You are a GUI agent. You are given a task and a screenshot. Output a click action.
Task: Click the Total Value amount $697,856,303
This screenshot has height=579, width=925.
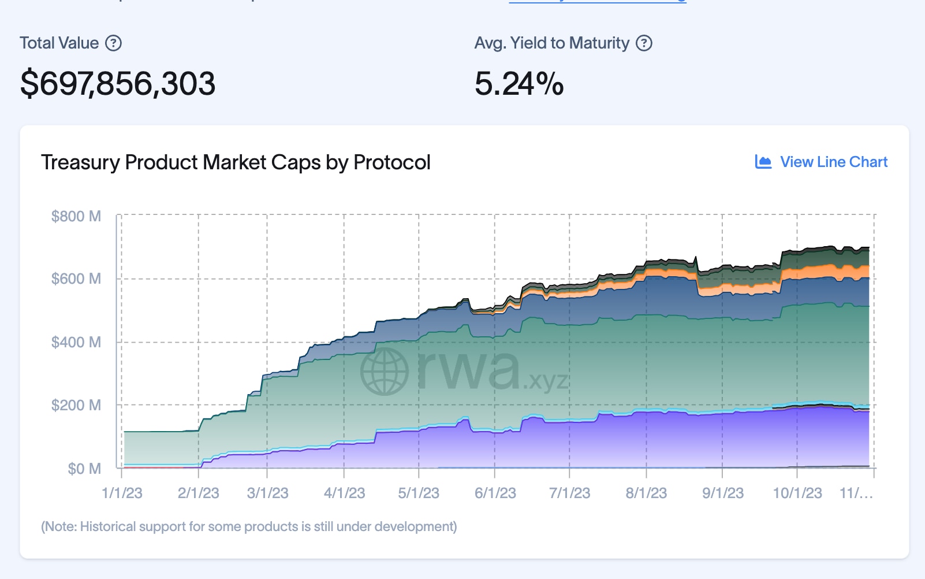[x=118, y=84]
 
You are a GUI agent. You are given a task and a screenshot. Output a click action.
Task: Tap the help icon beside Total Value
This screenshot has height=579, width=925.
[x=114, y=43]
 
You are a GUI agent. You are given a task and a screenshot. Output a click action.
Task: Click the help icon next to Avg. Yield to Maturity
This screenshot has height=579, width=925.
[x=644, y=43]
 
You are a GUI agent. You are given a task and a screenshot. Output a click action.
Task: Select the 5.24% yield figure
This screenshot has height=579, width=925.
[x=519, y=84]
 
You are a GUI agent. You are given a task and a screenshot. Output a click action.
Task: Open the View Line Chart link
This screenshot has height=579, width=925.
[x=833, y=162]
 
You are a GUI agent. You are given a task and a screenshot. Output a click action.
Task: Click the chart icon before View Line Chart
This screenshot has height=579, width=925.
[x=763, y=162]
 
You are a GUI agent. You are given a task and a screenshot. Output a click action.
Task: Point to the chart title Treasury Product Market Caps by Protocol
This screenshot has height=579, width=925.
[x=236, y=162]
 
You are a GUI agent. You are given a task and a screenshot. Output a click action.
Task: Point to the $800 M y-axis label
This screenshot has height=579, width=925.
[x=76, y=217]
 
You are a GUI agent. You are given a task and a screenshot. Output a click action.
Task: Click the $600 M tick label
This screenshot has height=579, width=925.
[x=76, y=279]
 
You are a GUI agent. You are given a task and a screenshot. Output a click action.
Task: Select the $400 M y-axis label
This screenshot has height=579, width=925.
[x=76, y=342]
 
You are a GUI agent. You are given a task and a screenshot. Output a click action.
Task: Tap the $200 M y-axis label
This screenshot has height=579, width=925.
[x=76, y=405]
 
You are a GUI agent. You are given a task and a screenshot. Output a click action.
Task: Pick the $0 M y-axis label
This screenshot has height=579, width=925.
[x=84, y=469]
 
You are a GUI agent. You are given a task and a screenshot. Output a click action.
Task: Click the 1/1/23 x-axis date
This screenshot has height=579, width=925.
[x=122, y=493]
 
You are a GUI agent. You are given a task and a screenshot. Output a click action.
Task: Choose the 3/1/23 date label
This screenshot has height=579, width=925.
[x=267, y=493]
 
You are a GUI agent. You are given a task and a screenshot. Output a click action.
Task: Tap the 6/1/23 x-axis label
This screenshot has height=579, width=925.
[x=495, y=493]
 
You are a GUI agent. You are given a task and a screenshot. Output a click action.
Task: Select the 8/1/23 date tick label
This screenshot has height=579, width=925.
[x=646, y=493]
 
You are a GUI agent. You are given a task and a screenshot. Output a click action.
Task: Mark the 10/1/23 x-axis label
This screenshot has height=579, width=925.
[x=797, y=493]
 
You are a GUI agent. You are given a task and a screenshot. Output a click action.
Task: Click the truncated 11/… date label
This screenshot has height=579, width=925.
[x=856, y=493]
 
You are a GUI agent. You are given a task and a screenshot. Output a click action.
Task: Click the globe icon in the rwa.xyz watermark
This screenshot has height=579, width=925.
[x=385, y=372]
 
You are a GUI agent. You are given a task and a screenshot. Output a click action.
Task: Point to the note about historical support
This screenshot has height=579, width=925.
[x=249, y=527]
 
